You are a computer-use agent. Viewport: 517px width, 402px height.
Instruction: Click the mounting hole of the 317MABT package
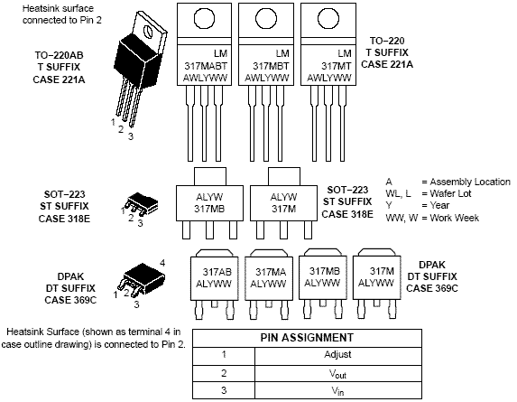[x=205, y=19]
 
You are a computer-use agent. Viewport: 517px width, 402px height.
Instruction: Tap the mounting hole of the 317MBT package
[x=266, y=19]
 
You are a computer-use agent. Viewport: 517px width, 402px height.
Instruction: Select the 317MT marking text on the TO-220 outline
[x=337, y=66]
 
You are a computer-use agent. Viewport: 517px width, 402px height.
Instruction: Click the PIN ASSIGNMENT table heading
[x=307, y=338]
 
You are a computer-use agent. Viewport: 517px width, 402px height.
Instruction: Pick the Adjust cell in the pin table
[x=337, y=354]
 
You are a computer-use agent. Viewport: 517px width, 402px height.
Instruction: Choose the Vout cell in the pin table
[x=337, y=374]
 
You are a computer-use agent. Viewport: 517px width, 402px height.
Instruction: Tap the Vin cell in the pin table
[x=337, y=391]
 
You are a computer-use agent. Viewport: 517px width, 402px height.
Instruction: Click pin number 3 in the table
[x=224, y=390]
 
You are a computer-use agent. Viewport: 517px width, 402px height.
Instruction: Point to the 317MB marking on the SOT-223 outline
[x=209, y=209]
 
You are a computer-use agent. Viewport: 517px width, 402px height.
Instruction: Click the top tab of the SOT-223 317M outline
[x=284, y=176]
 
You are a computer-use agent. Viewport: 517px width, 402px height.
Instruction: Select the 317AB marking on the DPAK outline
[x=217, y=272]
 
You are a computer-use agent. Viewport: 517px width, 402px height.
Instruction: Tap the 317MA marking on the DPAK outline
[x=271, y=272]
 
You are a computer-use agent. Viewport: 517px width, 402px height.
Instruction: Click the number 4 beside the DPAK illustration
[x=162, y=263]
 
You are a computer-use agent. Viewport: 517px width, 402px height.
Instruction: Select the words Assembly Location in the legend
[x=470, y=182]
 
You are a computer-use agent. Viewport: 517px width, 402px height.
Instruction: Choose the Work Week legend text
[x=455, y=218]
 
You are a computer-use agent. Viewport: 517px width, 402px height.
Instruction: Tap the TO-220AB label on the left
[x=59, y=55]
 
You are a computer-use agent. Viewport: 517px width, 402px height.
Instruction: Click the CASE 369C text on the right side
[x=432, y=288]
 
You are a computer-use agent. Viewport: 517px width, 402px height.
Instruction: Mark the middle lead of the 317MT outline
[x=328, y=124]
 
